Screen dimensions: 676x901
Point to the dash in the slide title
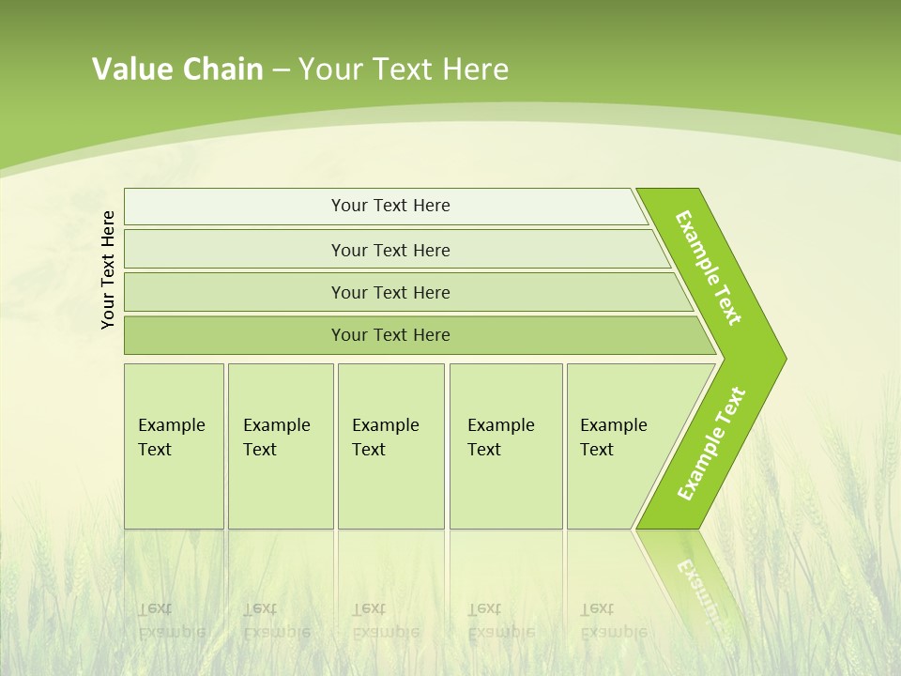click(x=281, y=70)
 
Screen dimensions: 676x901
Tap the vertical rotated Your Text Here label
click(x=108, y=269)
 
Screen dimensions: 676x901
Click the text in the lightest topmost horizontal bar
click(x=390, y=206)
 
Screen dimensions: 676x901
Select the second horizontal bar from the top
click(x=390, y=250)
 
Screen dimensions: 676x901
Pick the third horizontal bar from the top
click(x=390, y=292)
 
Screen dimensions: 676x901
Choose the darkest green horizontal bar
click(x=390, y=335)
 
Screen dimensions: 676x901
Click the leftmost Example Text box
click(x=174, y=446)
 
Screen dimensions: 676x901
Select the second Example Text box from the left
click(x=280, y=446)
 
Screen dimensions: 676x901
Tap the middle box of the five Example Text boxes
click(x=390, y=446)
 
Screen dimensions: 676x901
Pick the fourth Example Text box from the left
click(x=505, y=446)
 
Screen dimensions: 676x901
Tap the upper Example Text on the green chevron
click(x=709, y=268)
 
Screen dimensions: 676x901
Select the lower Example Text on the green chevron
click(x=710, y=444)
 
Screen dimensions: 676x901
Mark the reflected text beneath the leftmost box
click(x=171, y=621)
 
